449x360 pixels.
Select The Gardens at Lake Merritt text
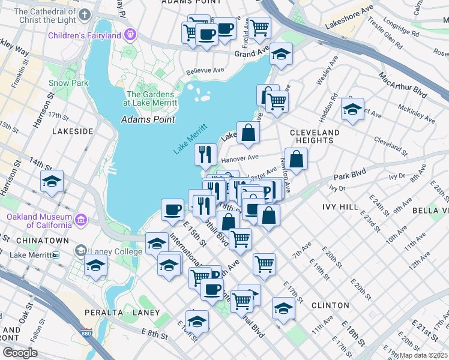click(151, 98)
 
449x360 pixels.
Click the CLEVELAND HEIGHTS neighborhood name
click(315, 136)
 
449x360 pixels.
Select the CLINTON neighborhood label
click(330, 305)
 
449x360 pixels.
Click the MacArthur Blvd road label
click(403, 86)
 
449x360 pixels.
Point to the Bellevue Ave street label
click(204, 70)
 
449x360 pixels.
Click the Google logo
click(20, 353)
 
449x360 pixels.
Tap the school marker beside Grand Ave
click(280, 55)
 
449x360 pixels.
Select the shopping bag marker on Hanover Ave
click(297, 160)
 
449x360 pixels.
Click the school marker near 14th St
click(52, 181)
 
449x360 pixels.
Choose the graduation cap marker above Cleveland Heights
click(352, 109)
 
